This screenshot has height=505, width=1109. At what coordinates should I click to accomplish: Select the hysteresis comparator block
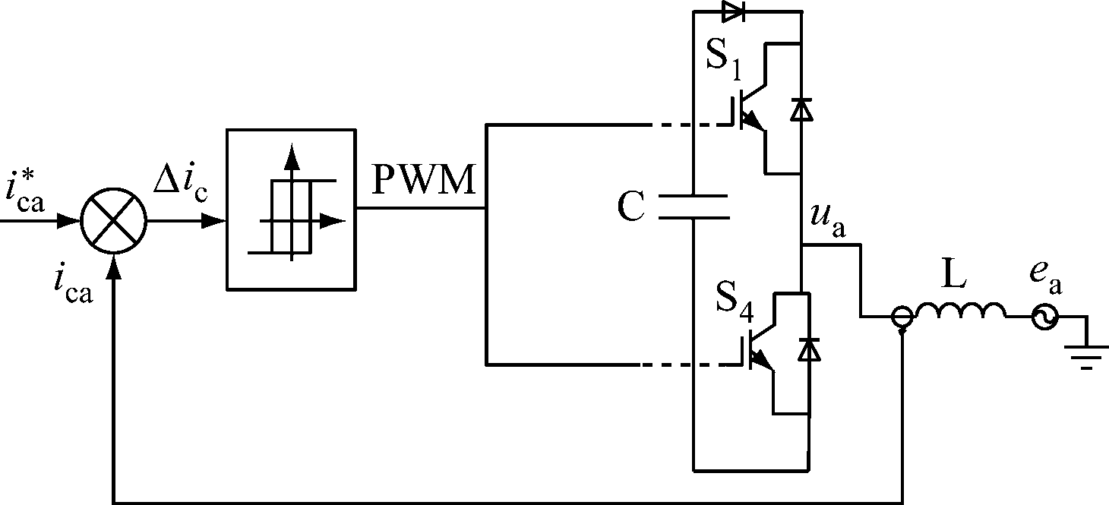(291, 209)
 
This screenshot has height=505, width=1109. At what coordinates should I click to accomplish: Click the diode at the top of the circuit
(733, 11)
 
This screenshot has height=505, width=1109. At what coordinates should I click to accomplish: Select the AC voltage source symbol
(1044, 318)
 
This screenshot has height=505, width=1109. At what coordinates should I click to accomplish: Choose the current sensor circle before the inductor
(902, 318)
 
